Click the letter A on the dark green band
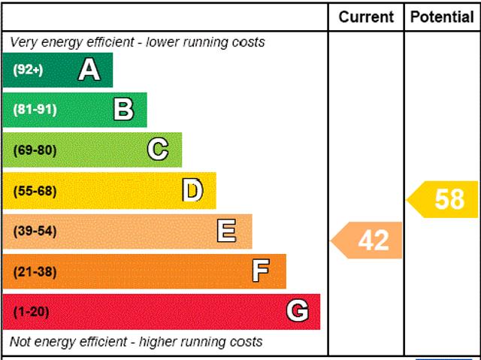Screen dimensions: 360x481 coord(89,70)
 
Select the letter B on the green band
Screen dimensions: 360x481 coord(123,110)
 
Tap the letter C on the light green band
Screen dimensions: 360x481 coord(158,150)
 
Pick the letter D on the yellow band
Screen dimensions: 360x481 coord(192,191)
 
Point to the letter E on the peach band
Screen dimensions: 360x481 coord(226,231)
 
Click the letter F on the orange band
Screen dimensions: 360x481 coord(261,271)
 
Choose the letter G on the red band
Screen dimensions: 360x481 coord(297,311)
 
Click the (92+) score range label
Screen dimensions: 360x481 coord(28,70)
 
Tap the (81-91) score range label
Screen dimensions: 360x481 coord(35,110)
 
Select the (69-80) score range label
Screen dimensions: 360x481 coord(35,150)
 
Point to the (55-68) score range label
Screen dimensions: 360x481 coord(35,191)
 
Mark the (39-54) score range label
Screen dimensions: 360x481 coord(35,231)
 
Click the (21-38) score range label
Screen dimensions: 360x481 coord(35,271)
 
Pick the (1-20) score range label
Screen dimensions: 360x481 coord(31,312)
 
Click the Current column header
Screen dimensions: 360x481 coord(366,17)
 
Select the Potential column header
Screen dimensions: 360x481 coord(442,17)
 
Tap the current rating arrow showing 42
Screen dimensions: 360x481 coord(368,241)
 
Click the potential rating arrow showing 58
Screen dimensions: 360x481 coord(444,199)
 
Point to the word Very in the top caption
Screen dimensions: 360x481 coord(24,42)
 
